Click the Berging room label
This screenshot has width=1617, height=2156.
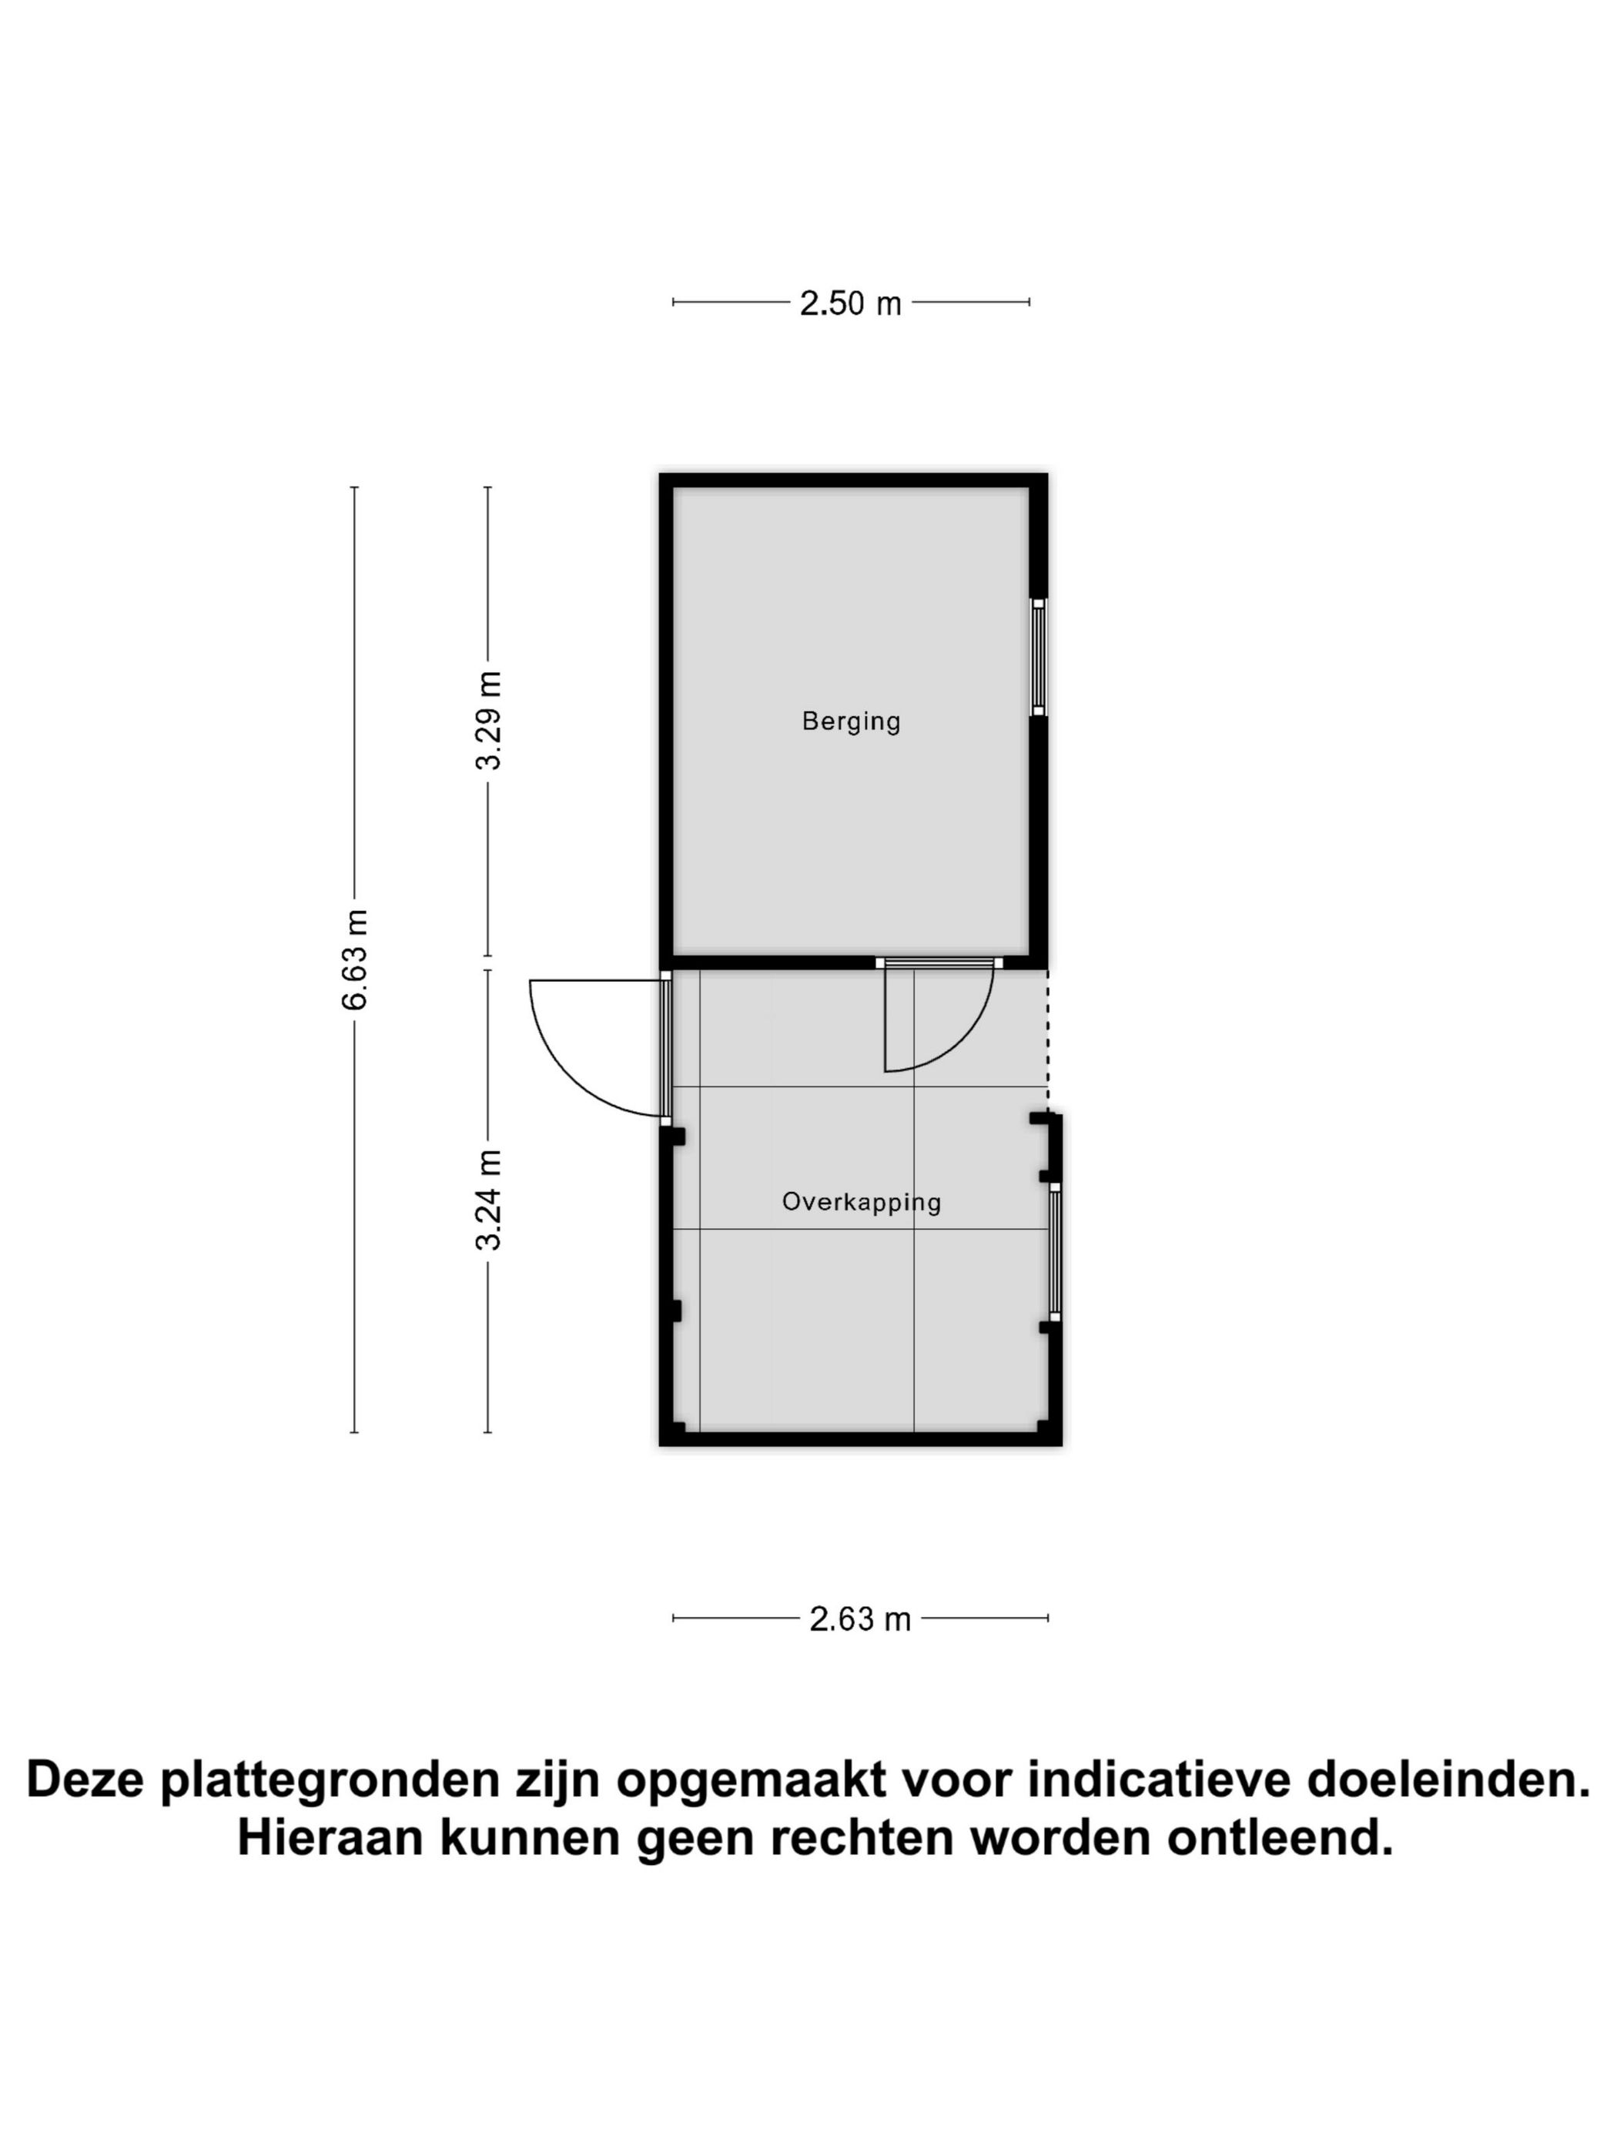tap(851, 721)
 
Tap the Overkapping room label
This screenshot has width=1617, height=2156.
tap(862, 1202)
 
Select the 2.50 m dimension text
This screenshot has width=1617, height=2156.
tap(850, 304)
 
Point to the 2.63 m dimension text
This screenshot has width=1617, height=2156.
tap(859, 1619)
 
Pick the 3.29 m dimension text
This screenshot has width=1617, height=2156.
tap(488, 720)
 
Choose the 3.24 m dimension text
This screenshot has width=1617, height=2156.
tap(488, 1200)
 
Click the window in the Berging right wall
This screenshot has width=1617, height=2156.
tap(1038, 657)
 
